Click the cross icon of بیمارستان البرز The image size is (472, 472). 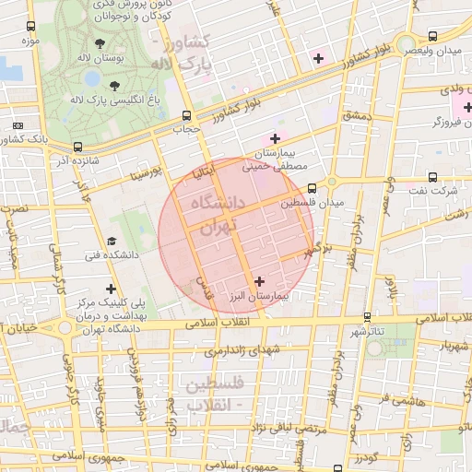point(258,281)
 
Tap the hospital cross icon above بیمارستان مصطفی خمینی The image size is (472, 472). point(275,137)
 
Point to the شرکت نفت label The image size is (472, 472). point(437,191)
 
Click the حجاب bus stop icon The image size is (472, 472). point(188,116)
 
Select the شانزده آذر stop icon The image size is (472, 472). point(77,147)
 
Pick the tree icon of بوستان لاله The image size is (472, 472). point(99,43)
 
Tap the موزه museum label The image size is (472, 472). point(28,42)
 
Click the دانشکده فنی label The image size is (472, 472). point(110,254)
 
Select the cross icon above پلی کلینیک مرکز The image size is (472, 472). point(112,288)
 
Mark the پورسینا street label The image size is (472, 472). point(146,172)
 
